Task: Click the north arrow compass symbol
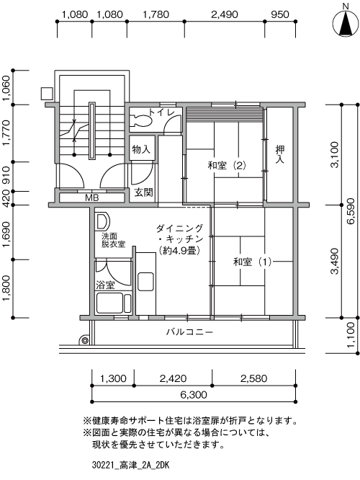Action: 346,22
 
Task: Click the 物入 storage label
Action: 141,149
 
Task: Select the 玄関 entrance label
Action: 143,192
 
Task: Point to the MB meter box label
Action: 91,197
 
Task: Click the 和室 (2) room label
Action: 227,166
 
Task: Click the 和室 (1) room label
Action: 252,262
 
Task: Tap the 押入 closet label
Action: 279,154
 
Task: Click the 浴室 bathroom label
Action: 105,285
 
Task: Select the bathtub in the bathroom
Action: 114,303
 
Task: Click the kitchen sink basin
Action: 145,281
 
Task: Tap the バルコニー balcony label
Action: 189,332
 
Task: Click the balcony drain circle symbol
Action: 84,340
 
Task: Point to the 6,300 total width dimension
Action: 193,394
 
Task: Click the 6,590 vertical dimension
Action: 351,211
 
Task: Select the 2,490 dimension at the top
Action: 225,14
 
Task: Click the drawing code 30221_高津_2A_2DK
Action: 130,466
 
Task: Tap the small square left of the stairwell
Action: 47,94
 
